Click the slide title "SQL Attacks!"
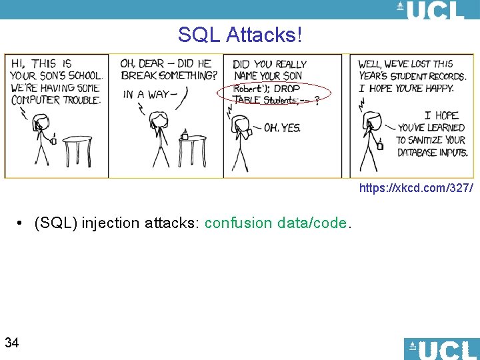coord(240,35)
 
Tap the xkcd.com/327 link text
coord(416,189)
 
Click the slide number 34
coord(11,343)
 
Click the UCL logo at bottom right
coord(441,349)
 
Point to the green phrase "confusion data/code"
coord(275,223)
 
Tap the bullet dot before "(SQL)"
coord(22,223)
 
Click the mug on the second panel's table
coord(185,136)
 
